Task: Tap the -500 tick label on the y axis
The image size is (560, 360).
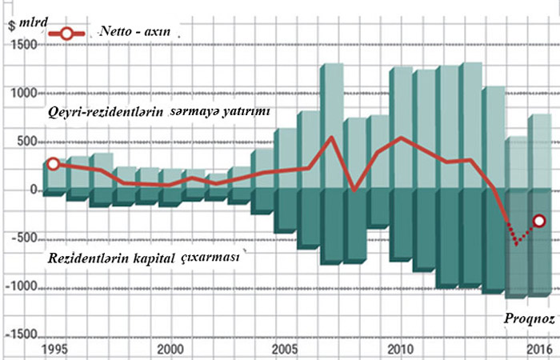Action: click(x=22, y=238)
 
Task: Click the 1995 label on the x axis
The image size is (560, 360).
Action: click(x=54, y=350)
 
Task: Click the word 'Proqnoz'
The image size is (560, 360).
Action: click(x=528, y=318)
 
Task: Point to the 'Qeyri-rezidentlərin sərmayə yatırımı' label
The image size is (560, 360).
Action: click(x=160, y=110)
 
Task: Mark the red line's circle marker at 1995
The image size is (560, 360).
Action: click(x=54, y=163)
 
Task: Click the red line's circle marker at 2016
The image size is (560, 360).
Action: click(x=538, y=221)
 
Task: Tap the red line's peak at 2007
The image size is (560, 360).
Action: click(x=331, y=138)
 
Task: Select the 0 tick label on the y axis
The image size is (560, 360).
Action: click(x=34, y=190)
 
